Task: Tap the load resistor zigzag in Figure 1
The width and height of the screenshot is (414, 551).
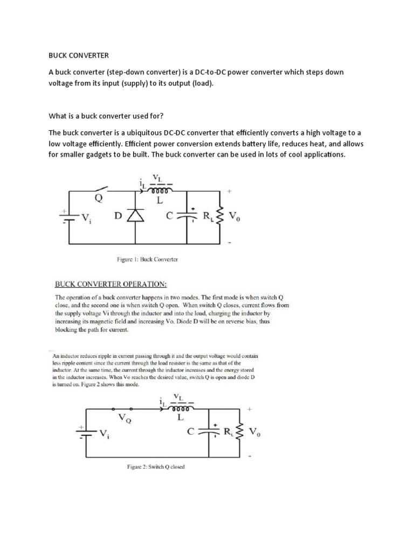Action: point(219,216)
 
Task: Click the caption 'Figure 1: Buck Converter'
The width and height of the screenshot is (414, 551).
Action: point(148,259)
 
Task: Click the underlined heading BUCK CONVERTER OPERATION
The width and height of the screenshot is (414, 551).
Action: point(113,283)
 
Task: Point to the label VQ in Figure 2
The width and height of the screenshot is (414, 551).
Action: point(125,418)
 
